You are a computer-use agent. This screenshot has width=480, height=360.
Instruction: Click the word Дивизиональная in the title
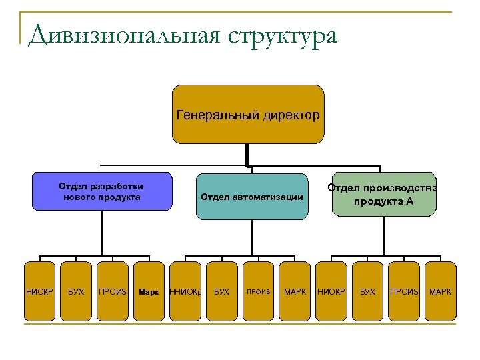click(x=124, y=35)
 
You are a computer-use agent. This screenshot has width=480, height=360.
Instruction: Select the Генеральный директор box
click(x=248, y=114)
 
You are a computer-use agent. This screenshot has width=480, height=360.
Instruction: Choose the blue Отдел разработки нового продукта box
click(x=101, y=192)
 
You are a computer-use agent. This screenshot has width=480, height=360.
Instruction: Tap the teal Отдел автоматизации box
click(x=252, y=197)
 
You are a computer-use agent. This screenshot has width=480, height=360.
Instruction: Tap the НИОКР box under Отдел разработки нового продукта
click(x=39, y=291)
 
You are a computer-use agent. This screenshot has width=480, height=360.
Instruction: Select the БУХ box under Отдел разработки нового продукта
click(x=76, y=291)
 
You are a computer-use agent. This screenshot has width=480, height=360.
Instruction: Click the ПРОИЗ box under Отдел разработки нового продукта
click(x=113, y=291)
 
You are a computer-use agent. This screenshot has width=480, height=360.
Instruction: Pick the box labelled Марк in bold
click(x=149, y=291)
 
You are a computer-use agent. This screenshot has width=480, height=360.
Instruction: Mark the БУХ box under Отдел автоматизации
click(x=222, y=291)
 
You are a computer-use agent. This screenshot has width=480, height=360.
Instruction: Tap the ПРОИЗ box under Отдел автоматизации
click(x=259, y=291)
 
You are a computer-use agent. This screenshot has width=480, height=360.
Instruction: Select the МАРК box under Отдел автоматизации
click(x=295, y=291)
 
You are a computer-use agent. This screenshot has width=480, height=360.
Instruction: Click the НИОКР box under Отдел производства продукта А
click(x=331, y=291)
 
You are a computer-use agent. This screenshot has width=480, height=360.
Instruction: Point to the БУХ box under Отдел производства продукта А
click(x=367, y=291)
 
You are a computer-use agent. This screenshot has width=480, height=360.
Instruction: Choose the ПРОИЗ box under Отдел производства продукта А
click(x=404, y=291)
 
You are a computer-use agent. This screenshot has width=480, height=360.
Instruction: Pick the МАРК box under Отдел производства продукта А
click(x=440, y=291)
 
